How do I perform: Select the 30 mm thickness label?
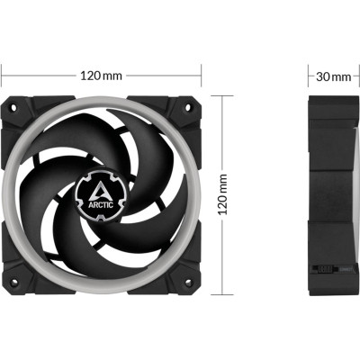pos(334,76)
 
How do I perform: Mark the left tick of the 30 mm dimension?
pos(309,76)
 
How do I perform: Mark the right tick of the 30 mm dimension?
pos(358,76)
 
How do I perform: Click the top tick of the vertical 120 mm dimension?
pos(223,94)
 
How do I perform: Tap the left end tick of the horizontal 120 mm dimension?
pos(3,76)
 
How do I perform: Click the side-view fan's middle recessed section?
pos(334,193)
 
